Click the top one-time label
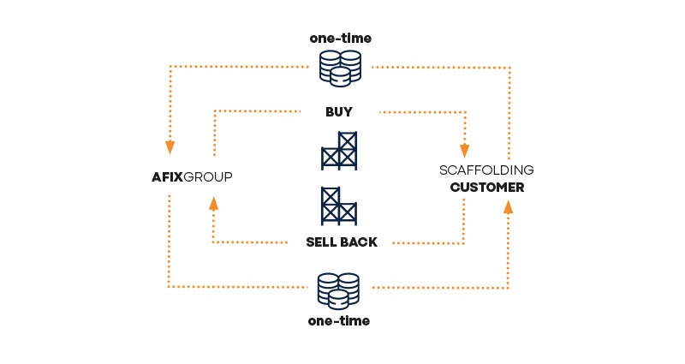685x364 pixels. pyautogui.click(x=339, y=39)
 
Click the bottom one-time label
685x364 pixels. pyautogui.click(x=339, y=321)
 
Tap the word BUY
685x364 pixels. pyautogui.click(x=339, y=111)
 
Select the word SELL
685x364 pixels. pyautogui.click(x=323, y=242)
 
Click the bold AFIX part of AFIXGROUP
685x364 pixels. pyautogui.click(x=166, y=177)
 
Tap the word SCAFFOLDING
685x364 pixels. pyautogui.click(x=486, y=170)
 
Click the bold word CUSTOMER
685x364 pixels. pyautogui.click(x=486, y=187)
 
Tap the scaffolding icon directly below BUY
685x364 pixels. pyautogui.click(x=339, y=151)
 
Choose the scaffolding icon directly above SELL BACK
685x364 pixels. pyautogui.click(x=339, y=206)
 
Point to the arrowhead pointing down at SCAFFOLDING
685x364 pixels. pyautogui.click(x=466, y=143)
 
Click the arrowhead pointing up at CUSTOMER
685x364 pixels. pyautogui.click(x=509, y=206)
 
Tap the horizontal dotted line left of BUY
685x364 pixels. pyautogui.click(x=257, y=110)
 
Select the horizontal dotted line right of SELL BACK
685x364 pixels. pyautogui.click(x=428, y=243)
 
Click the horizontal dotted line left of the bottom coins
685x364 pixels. pyautogui.click(x=240, y=287)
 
